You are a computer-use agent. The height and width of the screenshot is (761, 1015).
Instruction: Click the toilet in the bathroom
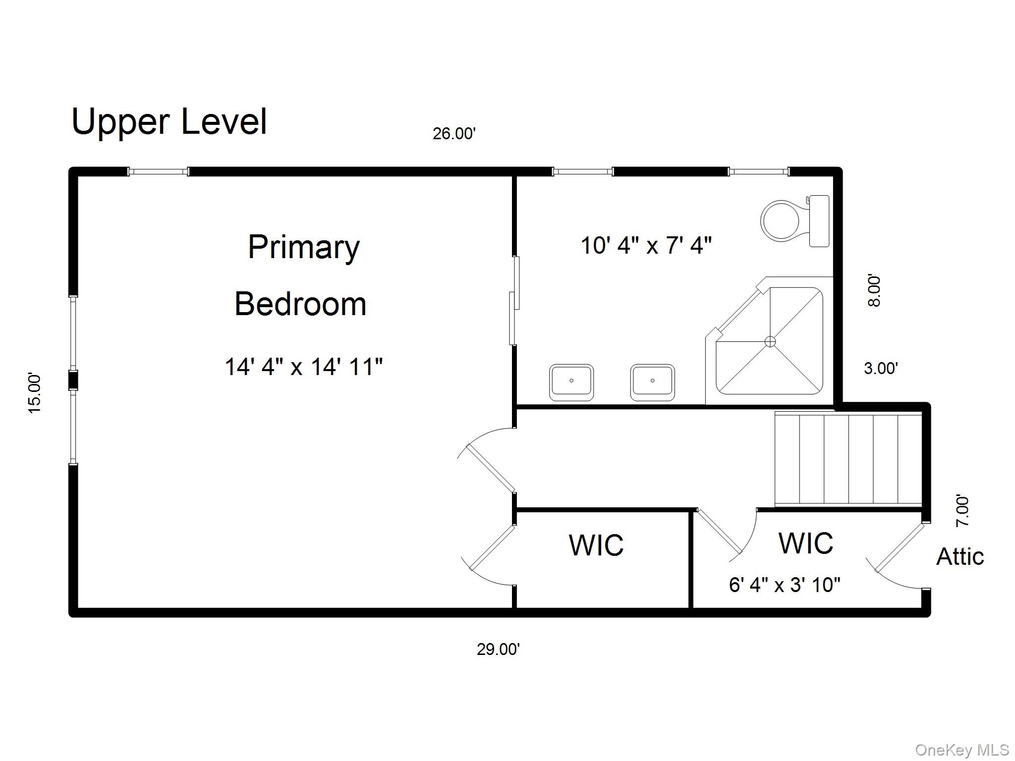[x=795, y=221]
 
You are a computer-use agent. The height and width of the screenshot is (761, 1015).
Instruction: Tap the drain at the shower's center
[x=770, y=341]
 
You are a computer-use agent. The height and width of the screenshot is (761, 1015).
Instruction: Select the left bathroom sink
[x=571, y=382]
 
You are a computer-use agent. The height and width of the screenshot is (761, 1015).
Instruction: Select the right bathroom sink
[x=652, y=382]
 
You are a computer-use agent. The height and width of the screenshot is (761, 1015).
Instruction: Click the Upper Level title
[x=169, y=121]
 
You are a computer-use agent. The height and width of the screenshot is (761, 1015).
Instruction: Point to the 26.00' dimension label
[x=454, y=134]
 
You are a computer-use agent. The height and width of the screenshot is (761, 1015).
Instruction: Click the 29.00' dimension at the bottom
[x=498, y=649]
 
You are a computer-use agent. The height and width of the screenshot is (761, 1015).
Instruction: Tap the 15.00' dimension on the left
[x=34, y=393]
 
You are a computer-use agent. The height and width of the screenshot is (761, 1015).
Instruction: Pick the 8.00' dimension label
[x=875, y=291]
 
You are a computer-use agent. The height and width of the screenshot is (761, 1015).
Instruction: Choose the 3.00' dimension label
[x=881, y=368]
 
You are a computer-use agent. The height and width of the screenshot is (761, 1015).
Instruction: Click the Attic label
[x=960, y=556]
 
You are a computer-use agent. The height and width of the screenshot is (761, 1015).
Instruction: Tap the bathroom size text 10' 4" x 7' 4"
[x=646, y=245]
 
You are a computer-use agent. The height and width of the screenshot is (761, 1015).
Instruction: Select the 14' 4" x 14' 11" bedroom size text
[x=304, y=367]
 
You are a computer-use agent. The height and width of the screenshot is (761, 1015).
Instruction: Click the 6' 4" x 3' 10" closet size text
[x=785, y=585]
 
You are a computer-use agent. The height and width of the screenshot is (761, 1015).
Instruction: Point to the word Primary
[x=304, y=248]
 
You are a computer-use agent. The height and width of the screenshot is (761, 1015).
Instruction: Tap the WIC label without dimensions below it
[x=596, y=545]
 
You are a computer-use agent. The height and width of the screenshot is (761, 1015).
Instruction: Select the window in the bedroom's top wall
[x=159, y=171]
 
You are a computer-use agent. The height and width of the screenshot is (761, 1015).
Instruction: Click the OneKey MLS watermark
[x=962, y=750]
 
